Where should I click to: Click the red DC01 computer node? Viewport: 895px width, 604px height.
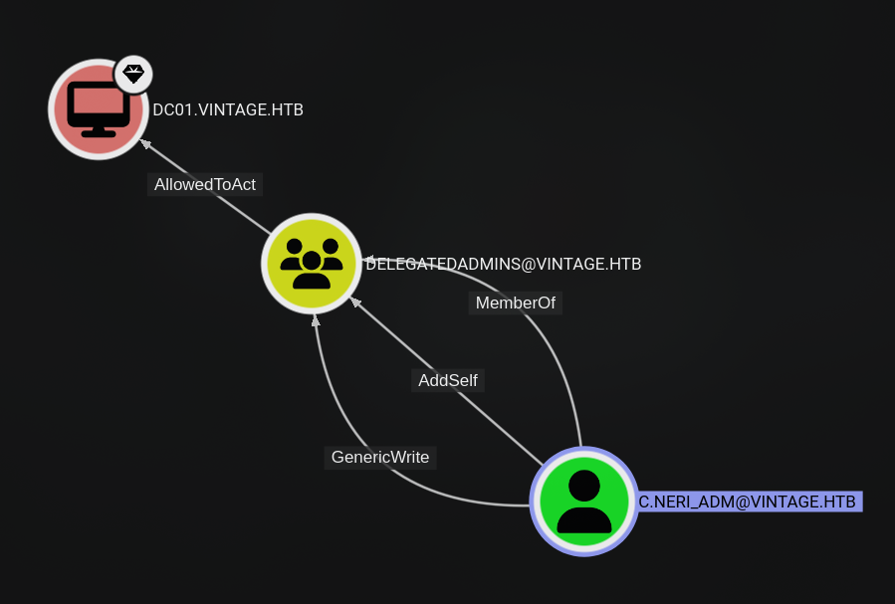coord(99,108)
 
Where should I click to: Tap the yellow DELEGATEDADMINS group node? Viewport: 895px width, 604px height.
coord(312,264)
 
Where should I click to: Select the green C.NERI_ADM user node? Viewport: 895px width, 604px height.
coord(584,502)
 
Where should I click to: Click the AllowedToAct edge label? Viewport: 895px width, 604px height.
coord(205,184)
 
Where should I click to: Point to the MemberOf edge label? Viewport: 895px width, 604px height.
coord(516,302)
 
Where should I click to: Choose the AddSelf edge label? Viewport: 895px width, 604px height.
coord(448,380)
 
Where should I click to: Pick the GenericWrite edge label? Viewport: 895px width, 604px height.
coord(380,458)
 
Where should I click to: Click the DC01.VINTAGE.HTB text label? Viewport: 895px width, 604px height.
coord(228,109)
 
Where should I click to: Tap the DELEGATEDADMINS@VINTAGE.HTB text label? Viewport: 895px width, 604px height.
coord(503,264)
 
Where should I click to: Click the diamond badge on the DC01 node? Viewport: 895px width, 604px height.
coord(133,75)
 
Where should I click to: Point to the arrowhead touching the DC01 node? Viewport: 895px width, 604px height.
coord(145,143)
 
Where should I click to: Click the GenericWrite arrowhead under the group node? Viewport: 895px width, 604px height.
coord(315,320)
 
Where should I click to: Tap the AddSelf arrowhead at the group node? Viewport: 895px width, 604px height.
coord(355,302)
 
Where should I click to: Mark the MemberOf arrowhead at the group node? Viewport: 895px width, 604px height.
coord(367,260)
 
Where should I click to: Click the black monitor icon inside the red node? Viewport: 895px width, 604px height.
coord(99,109)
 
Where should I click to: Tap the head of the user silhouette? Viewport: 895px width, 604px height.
coord(584,486)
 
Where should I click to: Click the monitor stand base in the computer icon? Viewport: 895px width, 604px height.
coord(99,134)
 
